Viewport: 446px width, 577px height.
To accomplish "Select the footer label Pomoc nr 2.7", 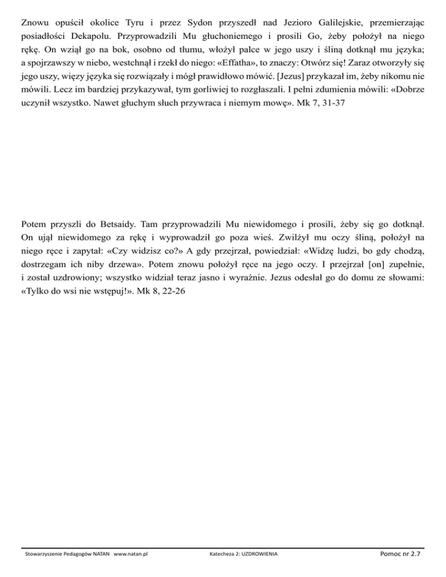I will click(x=398, y=554).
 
